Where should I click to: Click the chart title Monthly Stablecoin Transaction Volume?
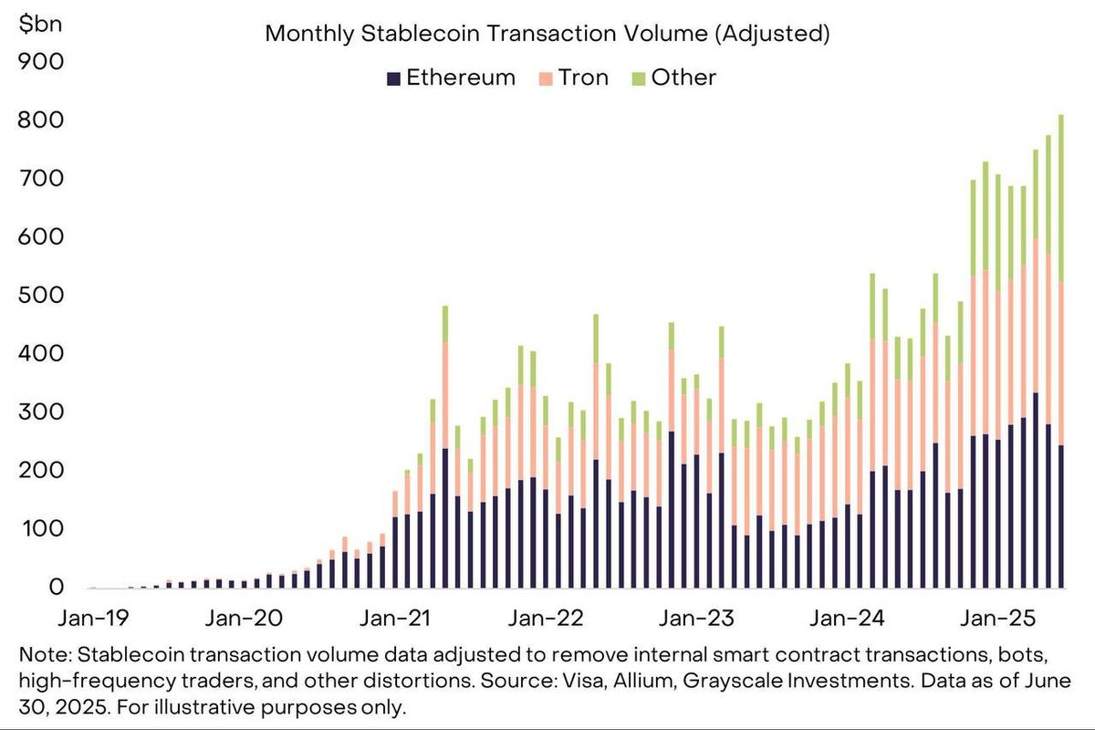coord(547,35)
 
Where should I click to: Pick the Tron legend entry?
coord(573,78)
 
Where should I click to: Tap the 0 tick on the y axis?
coord(57,589)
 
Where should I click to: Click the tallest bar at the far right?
coord(1060,365)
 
